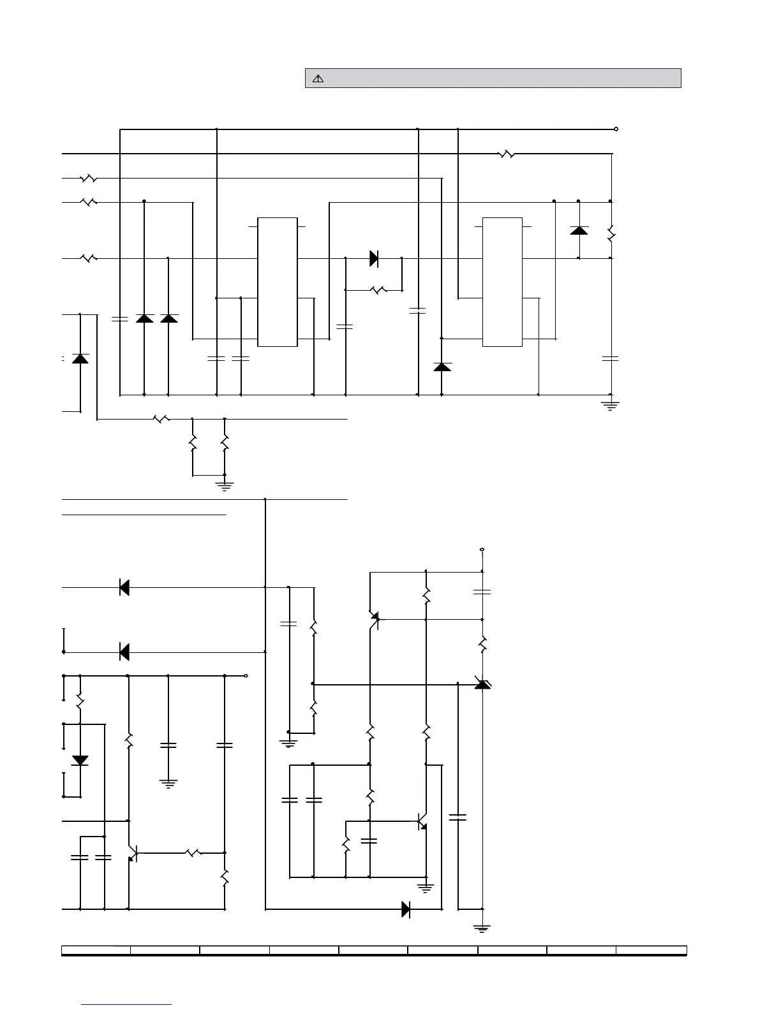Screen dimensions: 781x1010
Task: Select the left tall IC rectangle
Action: coord(277,282)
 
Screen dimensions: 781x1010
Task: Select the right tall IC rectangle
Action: coord(502,282)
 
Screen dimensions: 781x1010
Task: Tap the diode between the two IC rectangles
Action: coord(374,258)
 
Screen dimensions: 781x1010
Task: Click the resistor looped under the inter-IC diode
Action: coord(378,290)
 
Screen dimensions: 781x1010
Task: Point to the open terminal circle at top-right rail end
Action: coord(616,129)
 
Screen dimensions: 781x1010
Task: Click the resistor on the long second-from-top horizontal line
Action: coord(506,154)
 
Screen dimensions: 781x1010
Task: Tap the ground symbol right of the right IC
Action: coord(611,404)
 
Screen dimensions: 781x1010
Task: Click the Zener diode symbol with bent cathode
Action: coord(482,684)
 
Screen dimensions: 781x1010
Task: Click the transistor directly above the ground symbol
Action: coord(422,822)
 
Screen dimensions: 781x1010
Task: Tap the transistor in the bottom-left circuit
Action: coord(132,853)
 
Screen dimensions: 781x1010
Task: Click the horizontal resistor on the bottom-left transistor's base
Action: coord(193,853)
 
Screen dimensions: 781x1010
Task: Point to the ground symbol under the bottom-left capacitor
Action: coord(168,783)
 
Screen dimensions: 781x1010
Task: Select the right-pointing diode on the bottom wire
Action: coord(406,909)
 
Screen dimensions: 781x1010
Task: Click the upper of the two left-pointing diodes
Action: coord(124,587)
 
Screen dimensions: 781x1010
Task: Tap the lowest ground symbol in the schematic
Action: coord(482,928)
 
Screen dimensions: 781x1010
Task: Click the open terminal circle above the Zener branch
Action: coord(482,549)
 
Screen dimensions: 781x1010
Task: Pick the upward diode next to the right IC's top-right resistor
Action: coord(579,230)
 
